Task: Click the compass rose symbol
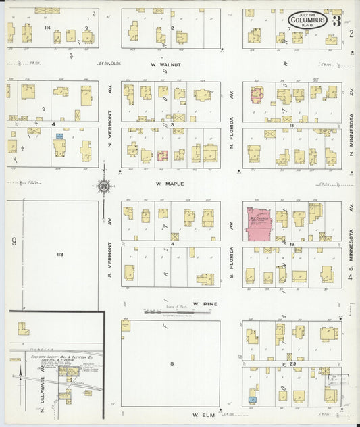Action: (x=105, y=186)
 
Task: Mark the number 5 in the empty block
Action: (x=172, y=364)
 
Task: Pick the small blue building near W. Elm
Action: (x=252, y=400)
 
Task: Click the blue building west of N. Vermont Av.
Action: (x=59, y=136)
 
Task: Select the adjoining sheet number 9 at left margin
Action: (x=13, y=241)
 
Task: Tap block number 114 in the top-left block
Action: (x=47, y=27)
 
